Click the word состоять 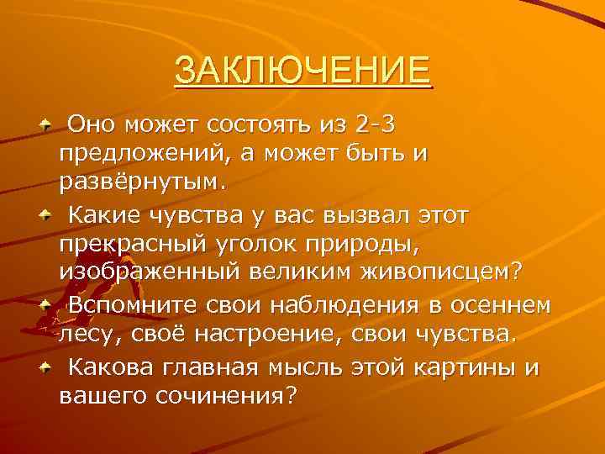tap(270, 125)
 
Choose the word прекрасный tap(124, 245)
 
